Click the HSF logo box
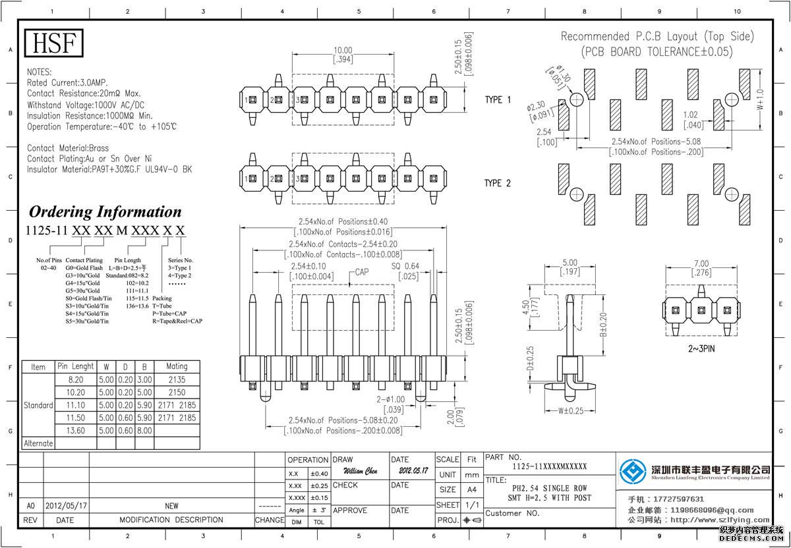(55, 43)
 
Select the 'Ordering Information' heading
(105, 212)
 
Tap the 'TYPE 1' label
(498, 99)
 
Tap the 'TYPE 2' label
(498, 183)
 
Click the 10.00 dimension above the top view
(343, 50)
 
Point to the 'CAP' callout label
(362, 272)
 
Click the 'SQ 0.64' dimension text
(405, 266)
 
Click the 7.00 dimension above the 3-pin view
(701, 263)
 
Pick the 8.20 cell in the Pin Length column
(76, 379)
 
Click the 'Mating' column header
(177, 366)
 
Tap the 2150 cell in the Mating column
(177, 392)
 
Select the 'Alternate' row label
(38, 443)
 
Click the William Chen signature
(361, 472)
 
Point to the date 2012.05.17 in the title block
(413, 472)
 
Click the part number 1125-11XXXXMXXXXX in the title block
(549, 466)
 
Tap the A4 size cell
(471, 489)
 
